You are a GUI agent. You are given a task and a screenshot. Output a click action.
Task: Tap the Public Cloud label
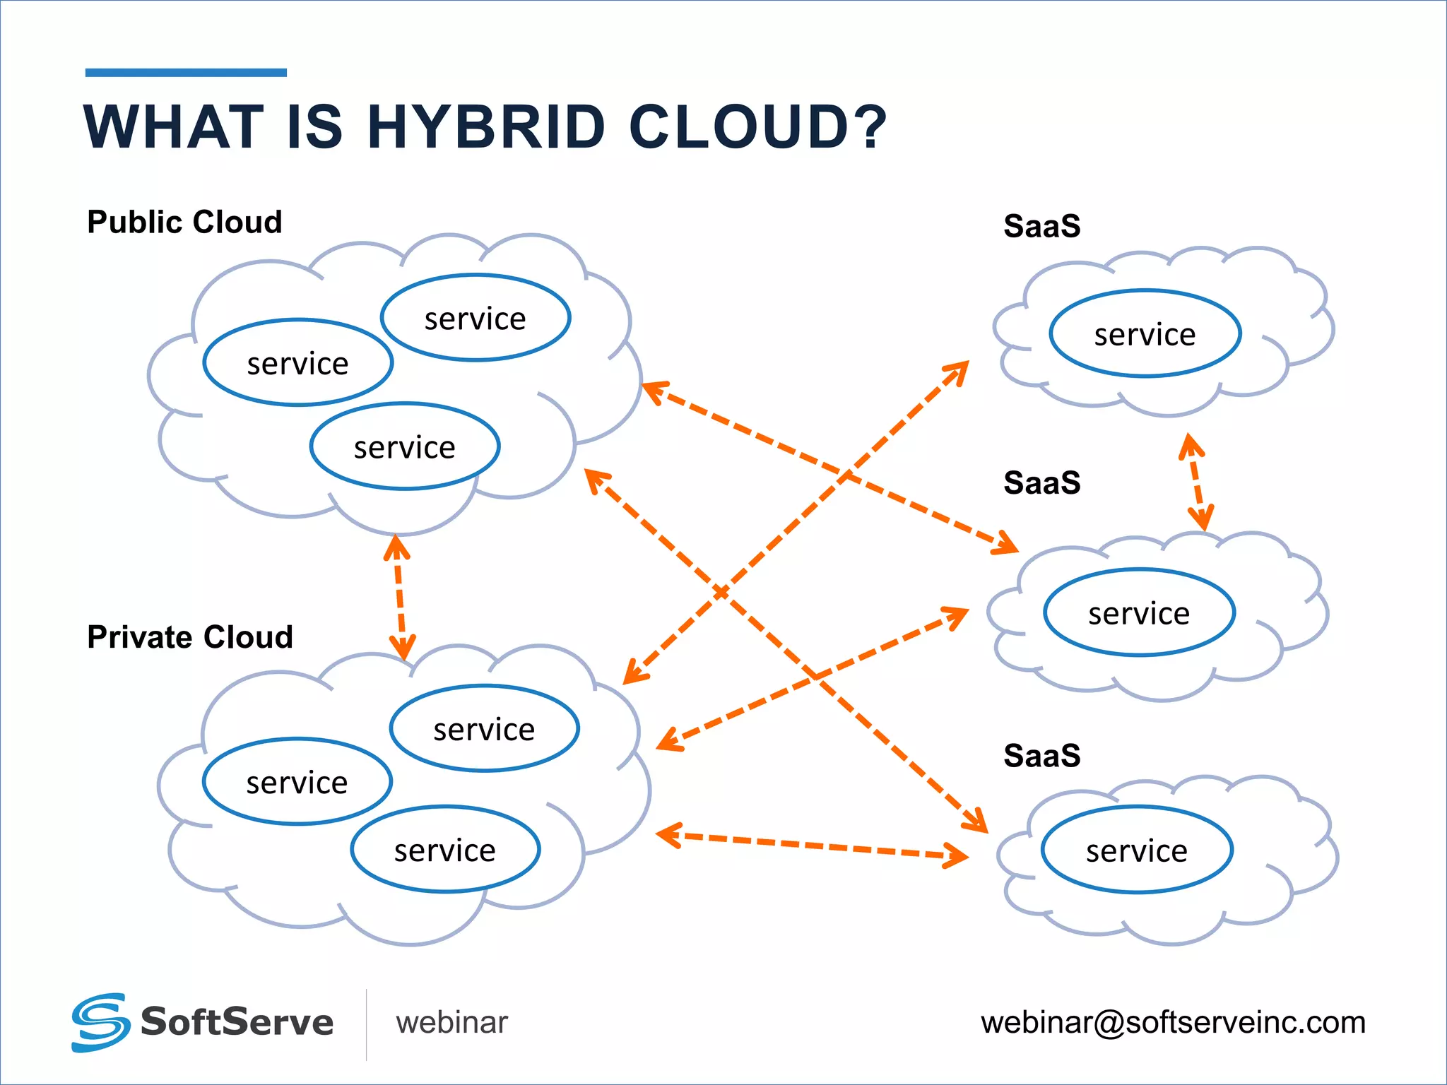pos(184,222)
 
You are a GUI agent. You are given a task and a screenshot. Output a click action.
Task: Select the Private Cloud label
pos(189,637)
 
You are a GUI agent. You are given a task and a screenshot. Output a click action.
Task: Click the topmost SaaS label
pos(1041,226)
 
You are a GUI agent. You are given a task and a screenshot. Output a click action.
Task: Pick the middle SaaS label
pos(1041,483)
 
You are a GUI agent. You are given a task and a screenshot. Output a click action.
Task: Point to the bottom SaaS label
pos(1041,756)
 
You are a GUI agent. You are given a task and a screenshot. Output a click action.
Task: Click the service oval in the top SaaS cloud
pos(1145,333)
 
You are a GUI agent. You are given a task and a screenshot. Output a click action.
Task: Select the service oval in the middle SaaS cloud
pos(1139,612)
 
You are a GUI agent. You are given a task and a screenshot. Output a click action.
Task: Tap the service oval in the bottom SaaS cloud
pos(1137,850)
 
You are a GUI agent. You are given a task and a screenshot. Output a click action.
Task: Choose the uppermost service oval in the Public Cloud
pos(475,318)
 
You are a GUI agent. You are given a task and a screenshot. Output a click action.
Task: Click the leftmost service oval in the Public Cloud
pos(297,363)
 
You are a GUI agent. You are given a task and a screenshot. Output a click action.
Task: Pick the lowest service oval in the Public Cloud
pos(404,446)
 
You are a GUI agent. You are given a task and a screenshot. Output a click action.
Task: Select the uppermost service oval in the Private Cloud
pos(484,728)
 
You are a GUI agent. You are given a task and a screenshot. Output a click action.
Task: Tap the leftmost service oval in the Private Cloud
pos(297,782)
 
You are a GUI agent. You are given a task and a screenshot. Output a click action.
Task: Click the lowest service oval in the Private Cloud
pos(445,849)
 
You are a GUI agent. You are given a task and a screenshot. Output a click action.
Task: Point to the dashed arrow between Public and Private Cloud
pos(400,598)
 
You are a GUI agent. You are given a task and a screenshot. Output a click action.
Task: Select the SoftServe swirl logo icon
pos(100,1022)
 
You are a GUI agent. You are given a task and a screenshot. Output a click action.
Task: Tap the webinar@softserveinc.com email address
pos(1173,1022)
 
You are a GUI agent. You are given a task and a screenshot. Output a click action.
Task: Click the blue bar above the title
pos(186,72)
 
